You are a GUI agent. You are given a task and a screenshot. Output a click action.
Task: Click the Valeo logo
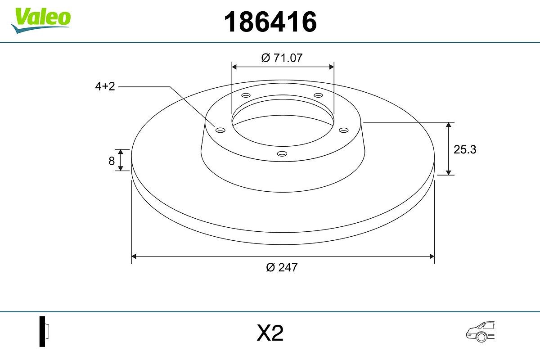41,19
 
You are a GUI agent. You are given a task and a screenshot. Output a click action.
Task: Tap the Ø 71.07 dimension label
282,58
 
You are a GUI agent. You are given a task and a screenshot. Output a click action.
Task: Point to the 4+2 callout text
105,86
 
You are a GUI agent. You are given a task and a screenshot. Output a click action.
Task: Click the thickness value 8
112,161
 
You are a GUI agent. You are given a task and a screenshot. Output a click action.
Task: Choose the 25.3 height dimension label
464,150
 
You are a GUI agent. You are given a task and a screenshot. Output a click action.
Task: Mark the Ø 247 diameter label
282,267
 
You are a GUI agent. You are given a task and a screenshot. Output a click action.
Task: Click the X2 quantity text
270,333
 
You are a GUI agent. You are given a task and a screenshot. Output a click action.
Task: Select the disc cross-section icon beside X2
44,331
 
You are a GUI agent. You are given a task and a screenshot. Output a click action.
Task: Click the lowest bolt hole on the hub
282,154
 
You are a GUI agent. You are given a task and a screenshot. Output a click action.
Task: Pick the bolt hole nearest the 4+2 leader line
220,130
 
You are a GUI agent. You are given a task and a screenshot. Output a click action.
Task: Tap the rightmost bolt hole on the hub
344,130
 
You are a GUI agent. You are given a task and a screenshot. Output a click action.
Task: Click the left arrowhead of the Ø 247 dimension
134,256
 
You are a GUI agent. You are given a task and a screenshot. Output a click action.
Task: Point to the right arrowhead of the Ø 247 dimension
432,256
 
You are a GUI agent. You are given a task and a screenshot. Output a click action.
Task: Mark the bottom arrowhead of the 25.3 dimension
449,172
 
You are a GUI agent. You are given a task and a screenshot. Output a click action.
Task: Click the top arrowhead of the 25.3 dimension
449,125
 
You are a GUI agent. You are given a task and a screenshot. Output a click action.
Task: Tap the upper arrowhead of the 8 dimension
121,152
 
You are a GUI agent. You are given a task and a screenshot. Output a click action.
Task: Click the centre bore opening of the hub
283,124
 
